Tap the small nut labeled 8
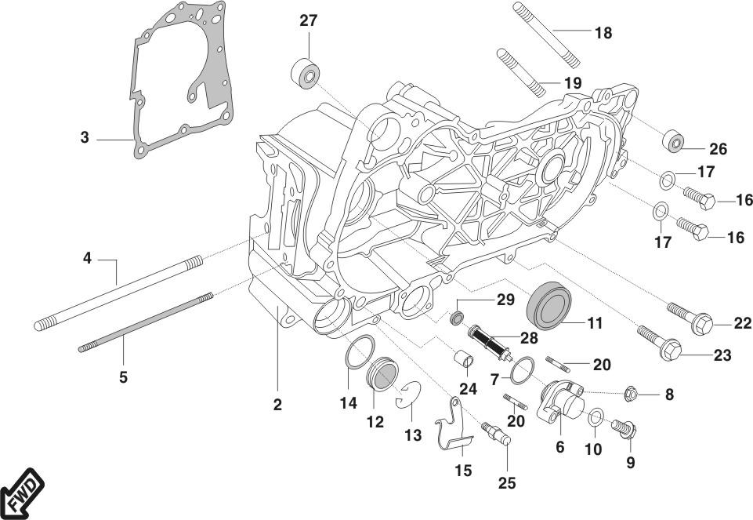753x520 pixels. click(629, 392)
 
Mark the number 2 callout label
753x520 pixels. click(277, 405)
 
